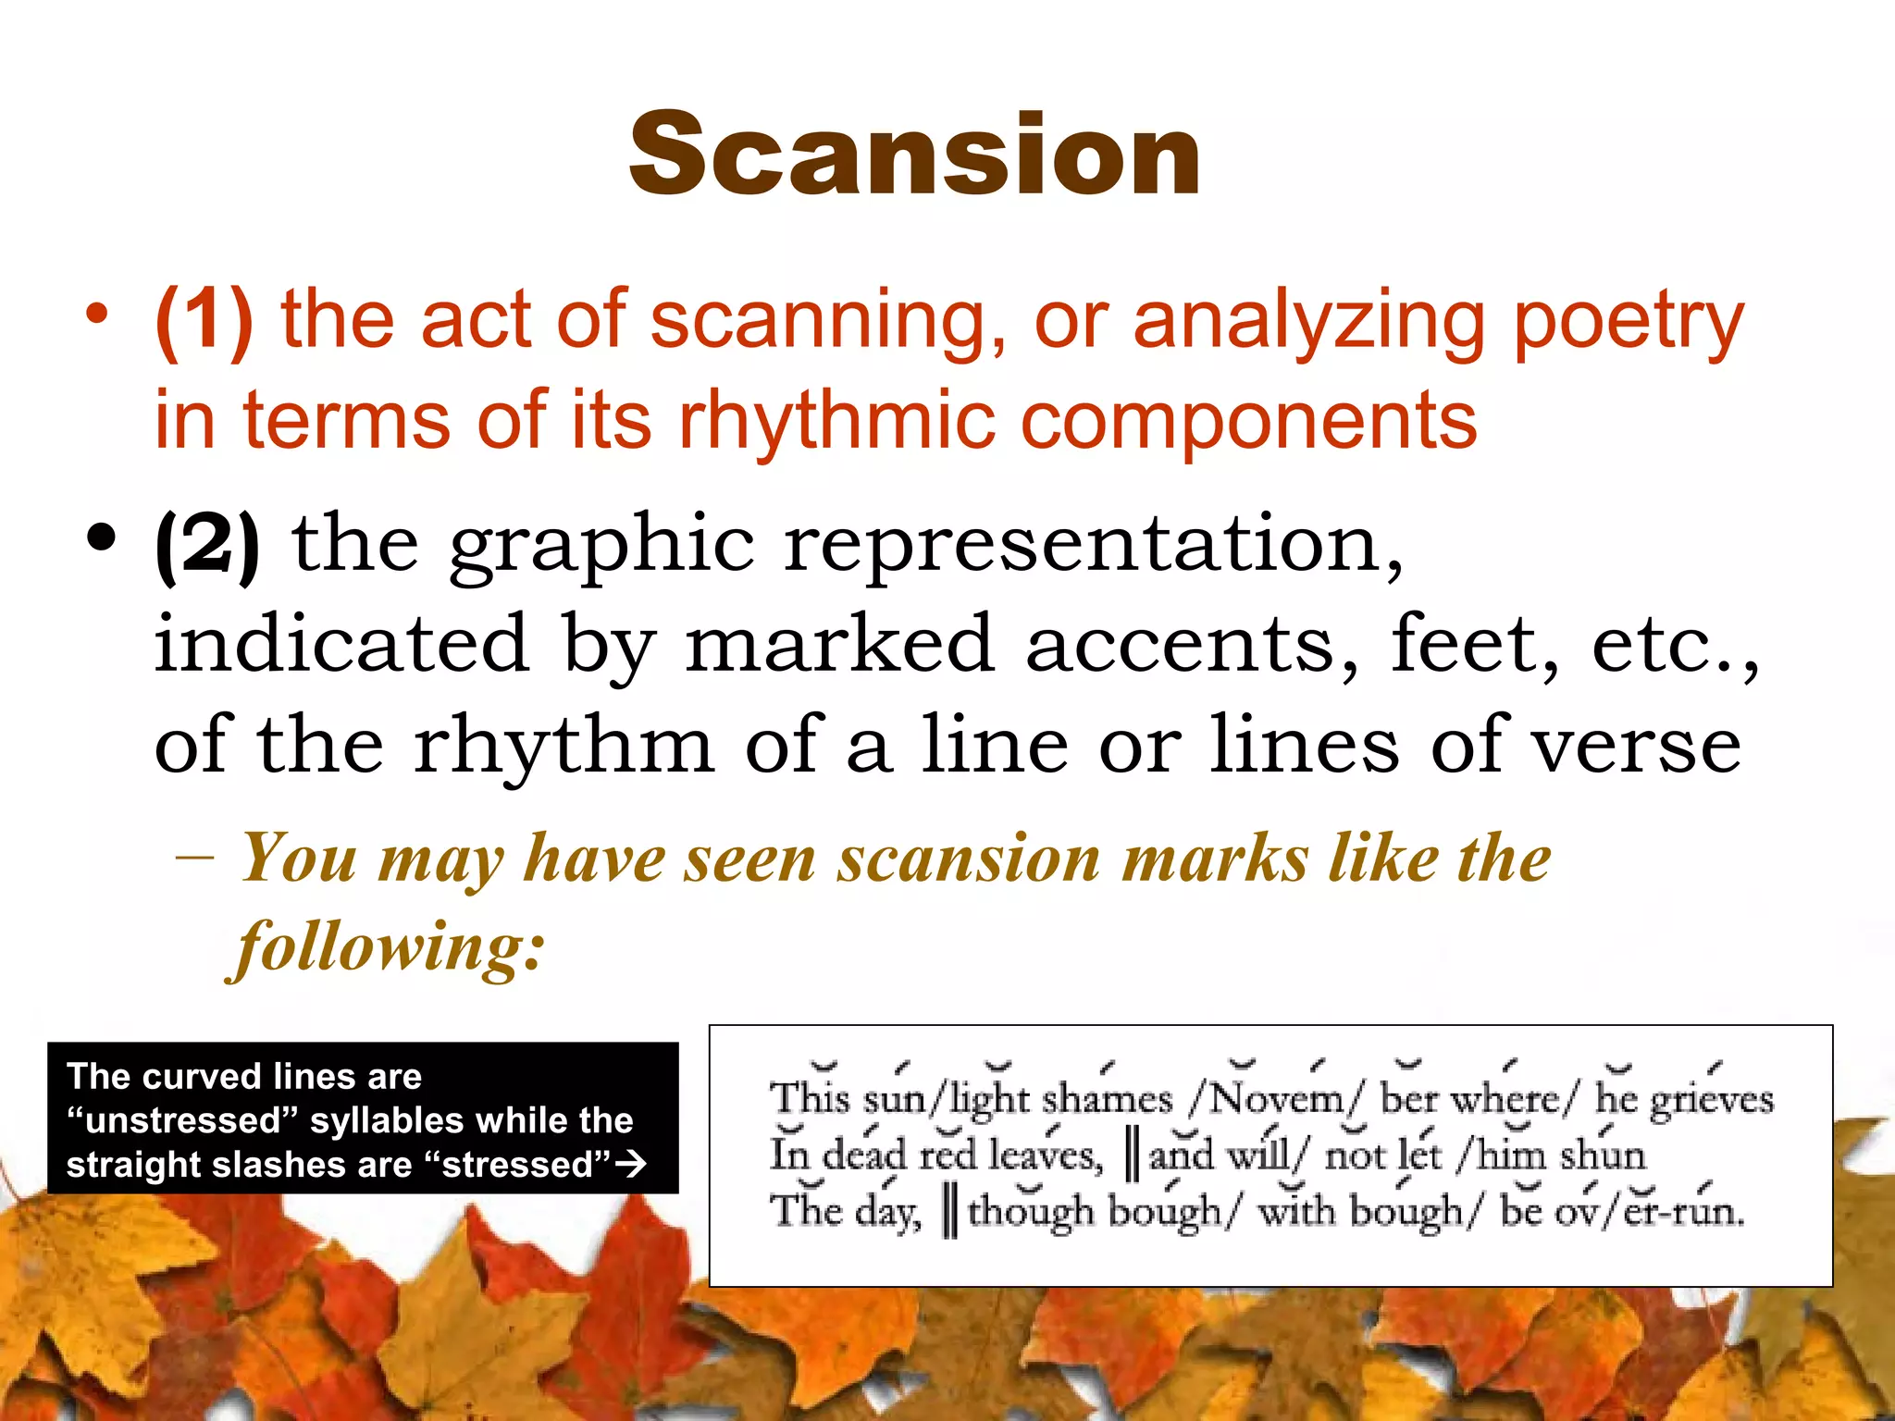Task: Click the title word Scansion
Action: pyautogui.click(x=914, y=154)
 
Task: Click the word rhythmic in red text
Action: pyautogui.click(x=833, y=421)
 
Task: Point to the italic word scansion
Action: pyautogui.click(x=968, y=859)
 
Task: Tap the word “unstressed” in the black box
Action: pyautogui.click(x=182, y=1120)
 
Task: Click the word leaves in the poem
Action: pyautogui.click(x=1044, y=1155)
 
